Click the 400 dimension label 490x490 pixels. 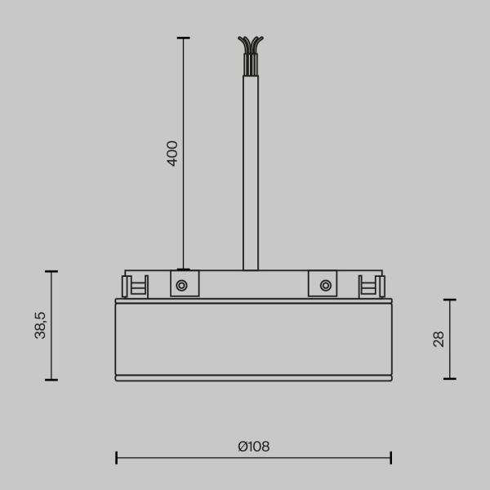point(172,154)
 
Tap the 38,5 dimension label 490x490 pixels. point(40,325)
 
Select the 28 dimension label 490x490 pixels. point(439,339)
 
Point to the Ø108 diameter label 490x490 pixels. point(253,447)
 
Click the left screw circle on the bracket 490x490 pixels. point(181,285)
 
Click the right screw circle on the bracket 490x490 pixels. point(325,285)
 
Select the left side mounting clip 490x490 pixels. point(134,286)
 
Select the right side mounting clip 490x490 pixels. point(372,286)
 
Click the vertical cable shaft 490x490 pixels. point(251,171)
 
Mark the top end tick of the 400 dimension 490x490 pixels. point(183,38)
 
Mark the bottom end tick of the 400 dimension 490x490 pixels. point(183,269)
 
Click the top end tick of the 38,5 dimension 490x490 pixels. point(51,271)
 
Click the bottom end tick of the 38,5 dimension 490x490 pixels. point(51,380)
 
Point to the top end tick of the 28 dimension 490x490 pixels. point(449,300)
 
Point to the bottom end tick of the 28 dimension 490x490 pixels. point(449,379)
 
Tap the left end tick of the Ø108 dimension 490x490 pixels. point(116,457)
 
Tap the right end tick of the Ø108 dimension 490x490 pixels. point(391,457)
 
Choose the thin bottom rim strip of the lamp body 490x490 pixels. point(253,378)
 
